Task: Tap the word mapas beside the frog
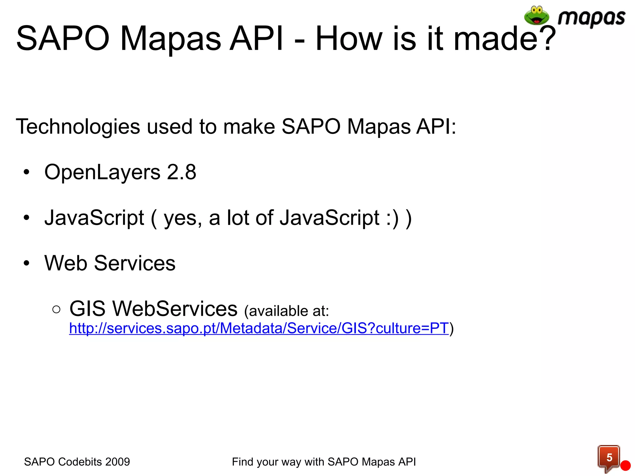(591, 18)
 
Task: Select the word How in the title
(351, 38)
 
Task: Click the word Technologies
(78, 126)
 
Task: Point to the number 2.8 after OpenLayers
(181, 172)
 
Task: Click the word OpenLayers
(102, 173)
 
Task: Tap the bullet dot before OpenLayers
(27, 172)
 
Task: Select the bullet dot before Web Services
(27, 263)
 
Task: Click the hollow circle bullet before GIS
(56, 309)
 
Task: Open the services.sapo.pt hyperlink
(259, 328)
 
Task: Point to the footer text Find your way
(267, 462)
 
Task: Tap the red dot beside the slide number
(626, 466)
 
